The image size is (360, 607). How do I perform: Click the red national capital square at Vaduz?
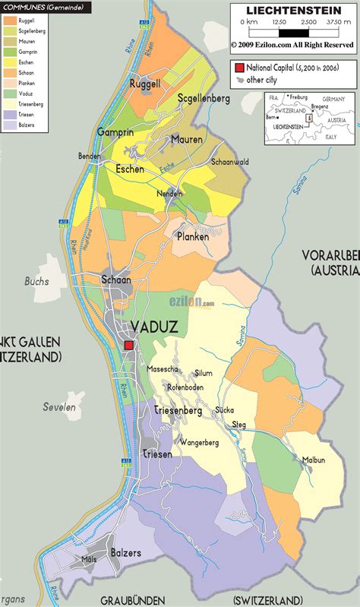129,345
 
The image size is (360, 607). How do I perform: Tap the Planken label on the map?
192,236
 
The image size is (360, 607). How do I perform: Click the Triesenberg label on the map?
178,411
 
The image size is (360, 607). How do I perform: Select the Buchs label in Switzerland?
36,281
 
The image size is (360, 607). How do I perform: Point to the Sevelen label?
58,407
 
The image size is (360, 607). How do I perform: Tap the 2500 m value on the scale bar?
308,22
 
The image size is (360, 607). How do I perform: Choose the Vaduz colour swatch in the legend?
10,94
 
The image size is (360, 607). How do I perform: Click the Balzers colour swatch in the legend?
10,125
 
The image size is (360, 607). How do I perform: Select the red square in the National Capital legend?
238,68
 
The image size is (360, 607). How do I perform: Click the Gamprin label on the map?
115,132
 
